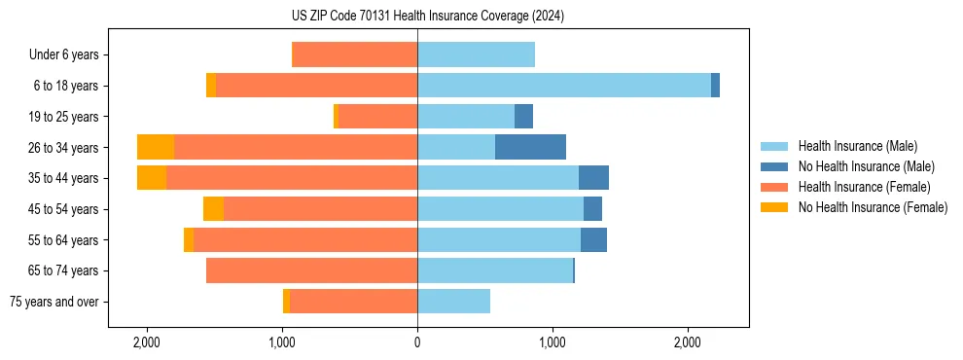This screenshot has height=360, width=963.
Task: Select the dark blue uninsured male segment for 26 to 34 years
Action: [x=530, y=147]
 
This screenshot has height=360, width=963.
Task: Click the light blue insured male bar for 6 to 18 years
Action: [x=564, y=86]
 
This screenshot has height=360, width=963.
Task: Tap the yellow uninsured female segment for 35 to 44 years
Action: [x=152, y=178]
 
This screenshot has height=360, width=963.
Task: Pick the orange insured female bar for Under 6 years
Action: [x=354, y=54]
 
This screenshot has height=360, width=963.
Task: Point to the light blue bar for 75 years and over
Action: [x=453, y=302]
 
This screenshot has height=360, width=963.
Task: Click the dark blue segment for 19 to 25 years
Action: [x=523, y=117]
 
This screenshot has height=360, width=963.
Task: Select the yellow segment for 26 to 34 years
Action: [x=156, y=147]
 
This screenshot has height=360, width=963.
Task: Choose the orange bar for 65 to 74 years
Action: [x=311, y=270]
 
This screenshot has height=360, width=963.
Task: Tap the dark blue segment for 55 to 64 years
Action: [x=593, y=239]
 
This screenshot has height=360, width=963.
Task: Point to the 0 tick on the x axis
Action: [x=417, y=342]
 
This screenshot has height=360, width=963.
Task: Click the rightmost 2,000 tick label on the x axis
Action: [x=688, y=342]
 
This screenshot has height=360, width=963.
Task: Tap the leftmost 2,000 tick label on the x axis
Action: [x=147, y=342]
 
